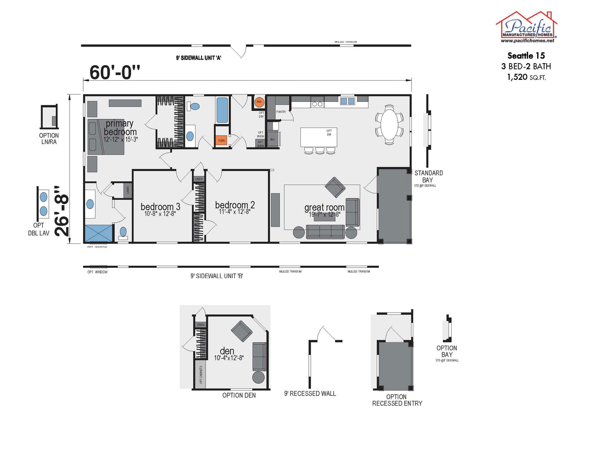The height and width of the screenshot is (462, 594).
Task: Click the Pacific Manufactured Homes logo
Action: tap(526, 27)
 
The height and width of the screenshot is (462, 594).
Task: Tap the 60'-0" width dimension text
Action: tap(115, 72)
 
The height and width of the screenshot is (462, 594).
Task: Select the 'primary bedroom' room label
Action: tap(120, 128)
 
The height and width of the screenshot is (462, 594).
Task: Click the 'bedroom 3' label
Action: tap(160, 207)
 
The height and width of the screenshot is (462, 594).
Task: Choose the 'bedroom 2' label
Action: tap(235, 205)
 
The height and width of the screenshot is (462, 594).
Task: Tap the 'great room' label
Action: tap(324, 208)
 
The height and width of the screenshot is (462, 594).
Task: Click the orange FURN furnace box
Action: tap(222, 140)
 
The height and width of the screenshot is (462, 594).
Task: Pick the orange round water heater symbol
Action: tap(259, 102)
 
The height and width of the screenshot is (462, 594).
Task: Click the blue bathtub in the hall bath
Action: tap(222, 110)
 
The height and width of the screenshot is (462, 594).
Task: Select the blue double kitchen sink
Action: tap(347, 101)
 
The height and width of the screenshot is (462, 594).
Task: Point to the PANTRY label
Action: tap(281, 112)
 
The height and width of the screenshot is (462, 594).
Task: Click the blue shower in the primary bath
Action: tap(98, 233)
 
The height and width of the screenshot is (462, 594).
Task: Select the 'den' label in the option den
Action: tap(227, 351)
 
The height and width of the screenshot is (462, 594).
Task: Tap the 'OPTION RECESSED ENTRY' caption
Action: tap(397, 400)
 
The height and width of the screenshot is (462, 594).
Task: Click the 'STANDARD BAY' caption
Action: tap(429, 177)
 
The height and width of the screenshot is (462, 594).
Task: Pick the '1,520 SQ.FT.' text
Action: tap(526, 77)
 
